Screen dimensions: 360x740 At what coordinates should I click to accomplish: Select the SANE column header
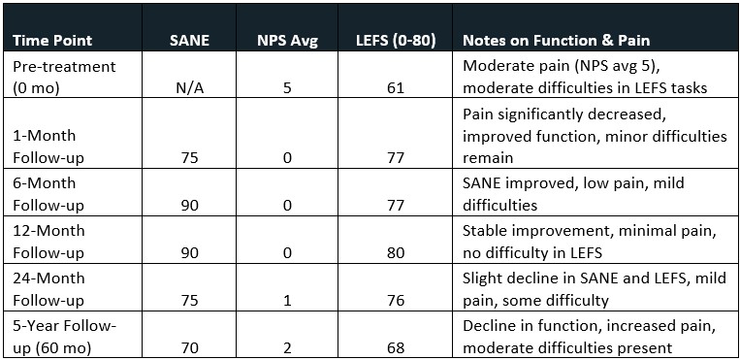[x=189, y=42]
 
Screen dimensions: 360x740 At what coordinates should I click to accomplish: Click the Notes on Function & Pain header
[x=557, y=42]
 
